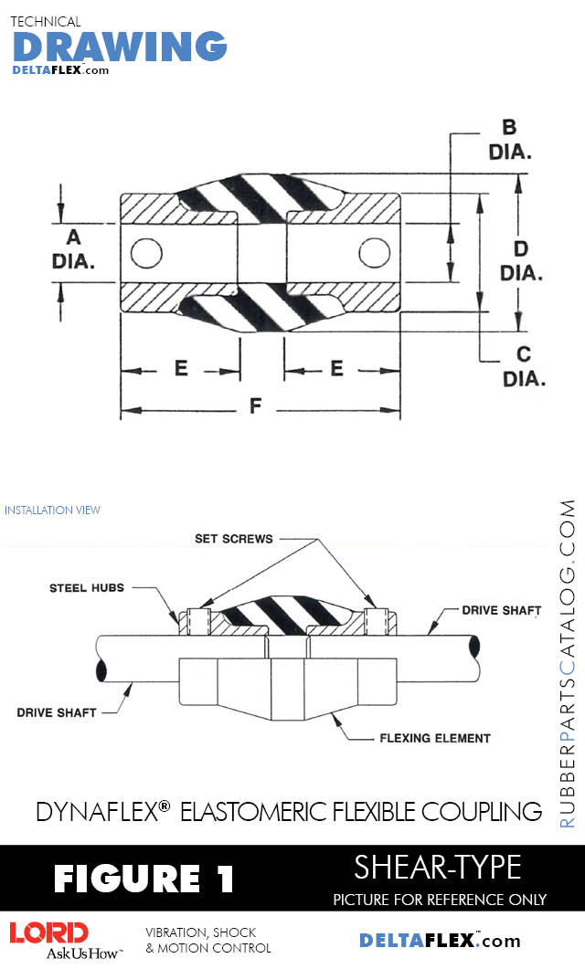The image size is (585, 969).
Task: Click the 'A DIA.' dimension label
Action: tap(73, 249)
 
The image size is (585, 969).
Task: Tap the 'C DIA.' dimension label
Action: tap(523, 365)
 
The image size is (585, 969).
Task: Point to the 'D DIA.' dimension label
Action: tap(522, 260)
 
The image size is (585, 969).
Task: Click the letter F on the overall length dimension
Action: tap(259, 408)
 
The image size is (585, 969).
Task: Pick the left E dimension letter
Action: tap(181, 368)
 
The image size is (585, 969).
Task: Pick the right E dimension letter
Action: tap(336, 368)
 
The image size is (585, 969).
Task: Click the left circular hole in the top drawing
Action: tap(146, 253)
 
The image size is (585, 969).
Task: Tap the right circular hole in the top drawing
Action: tap(375, 253)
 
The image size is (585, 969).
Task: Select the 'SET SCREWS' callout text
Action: tap(234, 539)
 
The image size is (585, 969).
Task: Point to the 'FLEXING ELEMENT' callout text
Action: tap(435, 737)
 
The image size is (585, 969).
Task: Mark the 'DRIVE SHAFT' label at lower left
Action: tap(57, 711)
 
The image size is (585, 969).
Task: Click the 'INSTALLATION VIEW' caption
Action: tap(52, 510)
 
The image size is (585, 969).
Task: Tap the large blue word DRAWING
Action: tap(120, 47)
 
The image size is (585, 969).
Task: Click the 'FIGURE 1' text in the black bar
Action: tap(144, 879)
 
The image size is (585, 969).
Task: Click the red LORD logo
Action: tap(49, 932)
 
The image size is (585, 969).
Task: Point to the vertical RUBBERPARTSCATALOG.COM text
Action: tap(568, 663)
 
